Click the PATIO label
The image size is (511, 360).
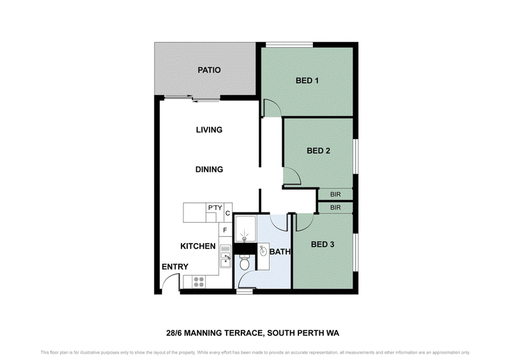(x=210, y=70)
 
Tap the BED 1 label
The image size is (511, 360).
(x=307, y=80)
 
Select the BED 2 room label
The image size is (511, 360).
(x=318, y=151)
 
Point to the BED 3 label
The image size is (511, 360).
(x=323, y=244)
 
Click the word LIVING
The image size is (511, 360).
(x=210, y=130)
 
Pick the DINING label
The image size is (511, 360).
(x=210, y=169)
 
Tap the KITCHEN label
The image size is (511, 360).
(x=198, y=246)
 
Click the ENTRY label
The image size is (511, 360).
(x=175, y=267)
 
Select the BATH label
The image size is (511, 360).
(x=280, y=252)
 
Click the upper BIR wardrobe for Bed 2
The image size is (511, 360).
(x=335, y=195)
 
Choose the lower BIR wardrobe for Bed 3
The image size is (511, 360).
(x=335, y=207)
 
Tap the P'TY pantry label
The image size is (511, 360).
(x=215, y=207)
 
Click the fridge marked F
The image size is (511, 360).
(x=225, y=230)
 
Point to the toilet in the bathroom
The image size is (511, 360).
(x=244, y=262)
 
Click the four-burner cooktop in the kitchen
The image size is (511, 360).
(x=199, y=282)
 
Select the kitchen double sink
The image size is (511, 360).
(x=225, y=256)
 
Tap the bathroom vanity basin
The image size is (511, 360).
(x=263, y=251)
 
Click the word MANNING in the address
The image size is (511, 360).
(x=203, y=333)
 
